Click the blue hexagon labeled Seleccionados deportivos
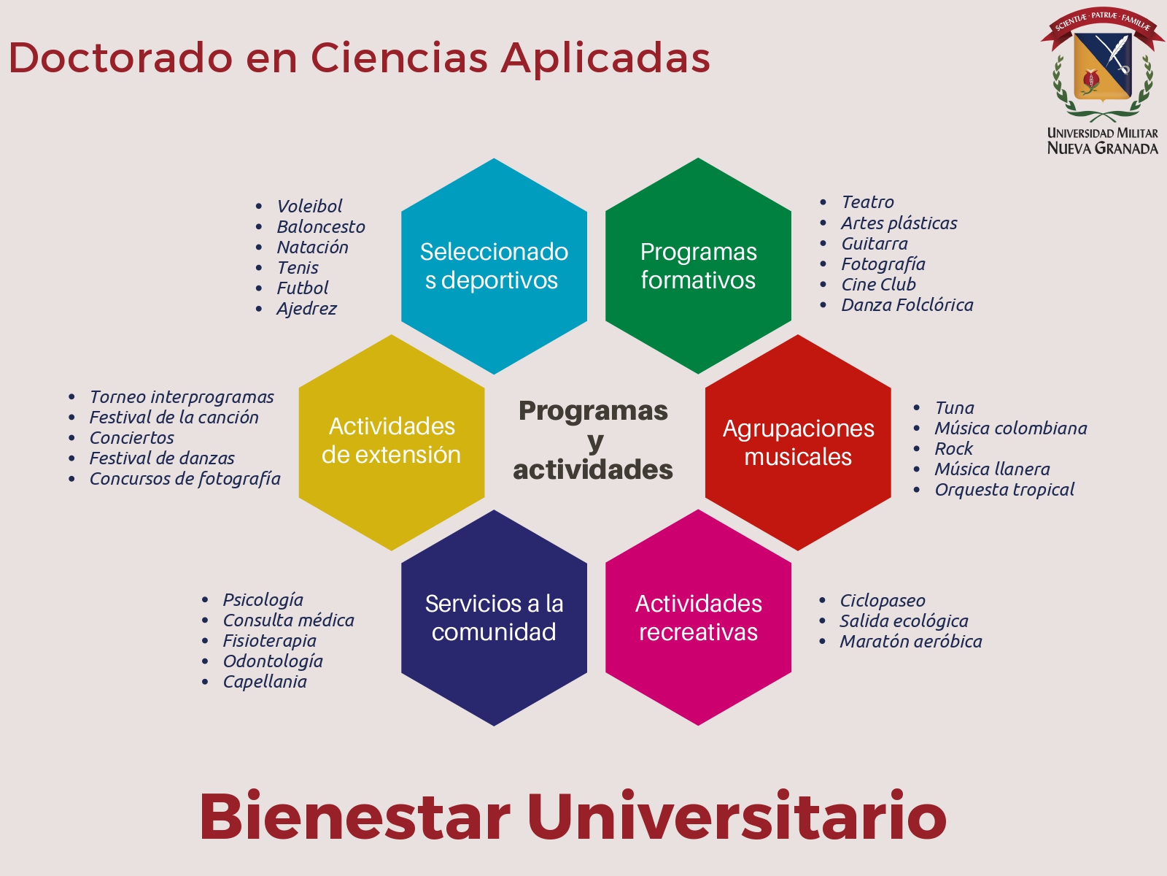click(494, 266)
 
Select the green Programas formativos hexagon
click(698, 266)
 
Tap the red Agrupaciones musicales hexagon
click(798, 442)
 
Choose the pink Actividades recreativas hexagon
click(698, 618)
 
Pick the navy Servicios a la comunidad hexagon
click(494, 618)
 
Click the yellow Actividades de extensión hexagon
click(392, 442)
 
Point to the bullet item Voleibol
click(309, 206)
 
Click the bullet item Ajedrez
click(307, 309)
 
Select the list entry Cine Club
click(878, 285)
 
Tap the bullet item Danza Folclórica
click(907, 304)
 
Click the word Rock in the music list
click(954, 448)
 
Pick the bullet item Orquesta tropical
click(1004, 490)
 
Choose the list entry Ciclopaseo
click(883, 601)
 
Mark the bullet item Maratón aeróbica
click(911, 642)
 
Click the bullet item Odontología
click(273, 661)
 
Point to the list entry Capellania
click(265, 682)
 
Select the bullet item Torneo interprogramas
click(182, 397)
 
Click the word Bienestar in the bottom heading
click(354, 816)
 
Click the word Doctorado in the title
click(120, 58)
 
